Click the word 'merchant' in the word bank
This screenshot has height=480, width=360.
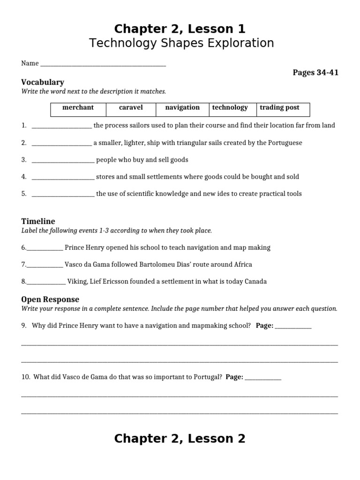[78, 107]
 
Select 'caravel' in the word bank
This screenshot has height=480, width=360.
[131, 107]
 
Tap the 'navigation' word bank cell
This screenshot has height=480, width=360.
[182, 107]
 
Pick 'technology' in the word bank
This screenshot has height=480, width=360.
[230, 107]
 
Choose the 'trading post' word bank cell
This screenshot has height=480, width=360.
[279, 107]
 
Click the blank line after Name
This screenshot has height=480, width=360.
[103, 64]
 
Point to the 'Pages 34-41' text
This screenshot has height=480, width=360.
[315, 72]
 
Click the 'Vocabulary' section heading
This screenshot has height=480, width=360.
[43, 82]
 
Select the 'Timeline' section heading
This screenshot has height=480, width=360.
[38, 221]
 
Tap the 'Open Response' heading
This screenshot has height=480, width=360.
[50, 299]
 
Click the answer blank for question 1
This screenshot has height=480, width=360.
[61, 126]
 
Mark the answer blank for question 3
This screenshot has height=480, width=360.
[63, 160]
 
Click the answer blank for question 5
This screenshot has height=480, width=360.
[63, 195]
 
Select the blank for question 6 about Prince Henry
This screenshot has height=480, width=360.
[45, 248]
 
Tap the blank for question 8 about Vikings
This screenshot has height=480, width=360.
[46, 282]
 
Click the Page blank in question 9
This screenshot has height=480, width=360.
[293, 327]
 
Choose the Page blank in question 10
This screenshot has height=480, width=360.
[263, 378]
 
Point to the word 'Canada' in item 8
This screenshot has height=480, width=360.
[255, 282]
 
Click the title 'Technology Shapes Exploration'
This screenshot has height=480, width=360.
[181, 43]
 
